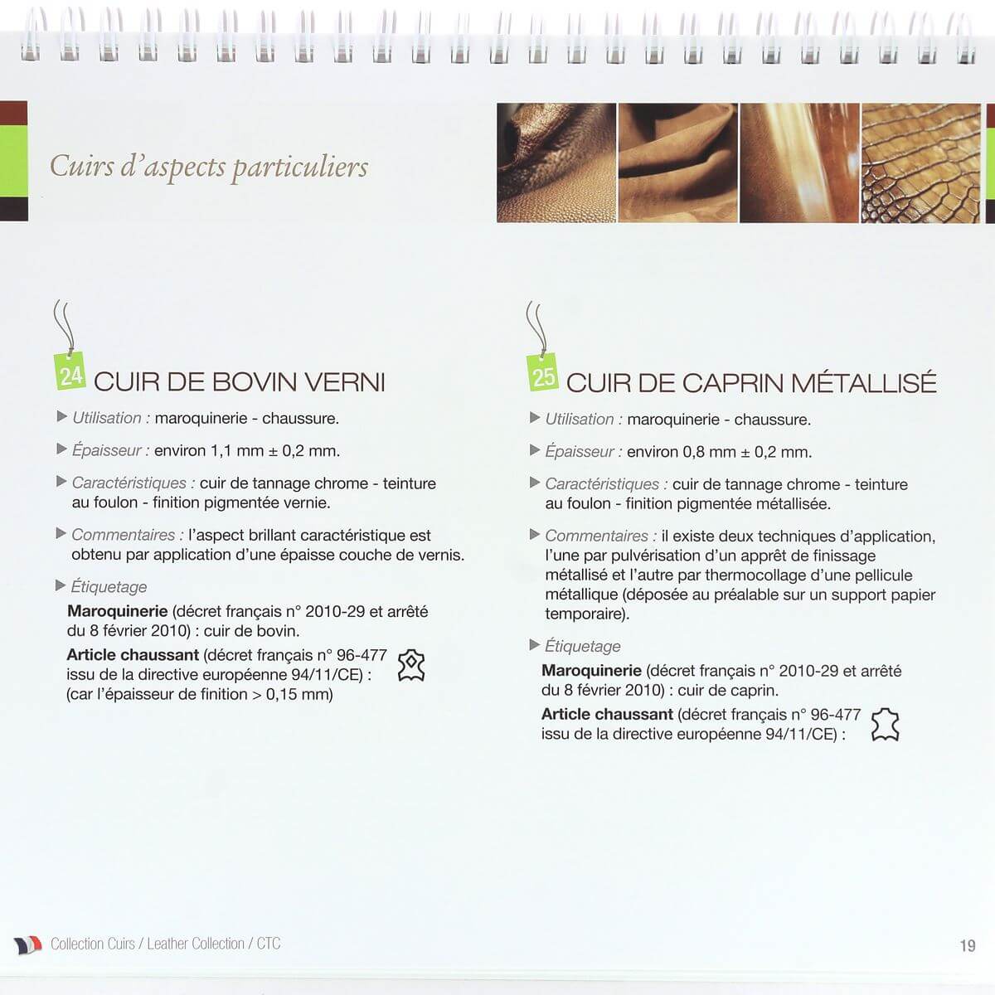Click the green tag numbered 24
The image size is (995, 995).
70,375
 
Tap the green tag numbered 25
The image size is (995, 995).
543,376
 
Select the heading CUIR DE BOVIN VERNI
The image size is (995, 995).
239,382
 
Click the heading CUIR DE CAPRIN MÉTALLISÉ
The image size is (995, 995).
751,383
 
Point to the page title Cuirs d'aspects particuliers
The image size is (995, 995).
209,167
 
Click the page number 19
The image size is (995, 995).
967,946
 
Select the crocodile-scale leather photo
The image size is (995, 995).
920,163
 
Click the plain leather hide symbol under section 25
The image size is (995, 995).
885,725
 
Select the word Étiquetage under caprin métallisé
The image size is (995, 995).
582,647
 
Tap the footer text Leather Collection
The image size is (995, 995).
196,944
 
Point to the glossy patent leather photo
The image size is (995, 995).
798,163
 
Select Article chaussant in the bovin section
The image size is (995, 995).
133,655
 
